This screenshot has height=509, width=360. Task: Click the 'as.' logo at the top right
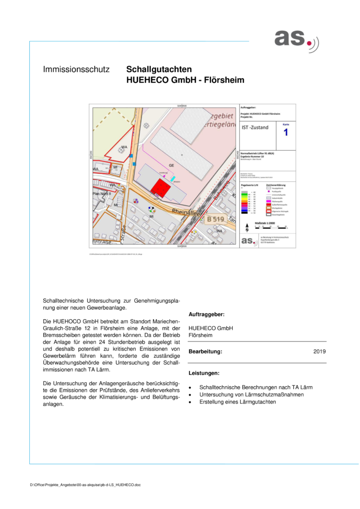296,39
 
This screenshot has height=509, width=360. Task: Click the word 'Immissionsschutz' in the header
76,70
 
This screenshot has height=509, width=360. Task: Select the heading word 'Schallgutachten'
159,70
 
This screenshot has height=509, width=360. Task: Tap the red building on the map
161,188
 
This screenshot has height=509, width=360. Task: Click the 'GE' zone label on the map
171,165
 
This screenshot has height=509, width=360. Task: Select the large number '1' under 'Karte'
285,133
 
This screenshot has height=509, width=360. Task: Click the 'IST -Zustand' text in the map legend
255,128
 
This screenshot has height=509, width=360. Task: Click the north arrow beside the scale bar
247,228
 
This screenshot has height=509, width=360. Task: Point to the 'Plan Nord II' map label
102,194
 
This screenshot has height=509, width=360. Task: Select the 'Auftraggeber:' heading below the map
206,315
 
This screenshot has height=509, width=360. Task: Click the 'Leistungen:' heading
204,373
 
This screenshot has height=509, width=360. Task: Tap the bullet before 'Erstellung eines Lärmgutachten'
190,402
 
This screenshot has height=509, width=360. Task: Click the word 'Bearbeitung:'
205,352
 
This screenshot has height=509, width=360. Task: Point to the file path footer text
85,484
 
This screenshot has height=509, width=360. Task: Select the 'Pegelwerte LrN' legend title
249,184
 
